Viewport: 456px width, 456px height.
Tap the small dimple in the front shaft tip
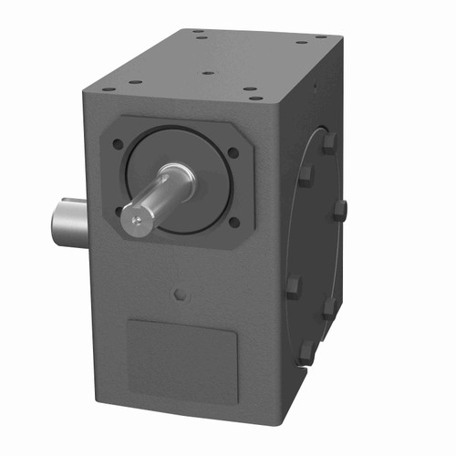coord(135,218)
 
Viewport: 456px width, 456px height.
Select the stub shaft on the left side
coord(68,223)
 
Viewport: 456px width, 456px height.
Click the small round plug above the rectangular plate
coord(181,295)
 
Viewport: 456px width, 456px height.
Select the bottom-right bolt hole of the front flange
coord(233,222)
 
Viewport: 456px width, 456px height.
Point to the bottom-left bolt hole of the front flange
coord(119,211)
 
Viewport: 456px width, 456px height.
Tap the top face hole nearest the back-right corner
coord(321,37)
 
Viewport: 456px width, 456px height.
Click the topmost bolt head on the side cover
coord(327,141)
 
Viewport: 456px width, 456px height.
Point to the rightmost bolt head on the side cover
coord(339,212)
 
